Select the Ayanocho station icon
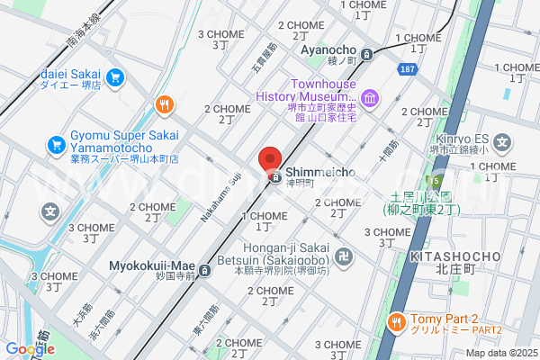point(366,54)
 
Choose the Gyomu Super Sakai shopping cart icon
point(56,143)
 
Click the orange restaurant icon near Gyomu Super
point(164,105)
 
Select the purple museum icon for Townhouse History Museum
point(369,97)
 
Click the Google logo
point(29,349)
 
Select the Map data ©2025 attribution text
point(499,352)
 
